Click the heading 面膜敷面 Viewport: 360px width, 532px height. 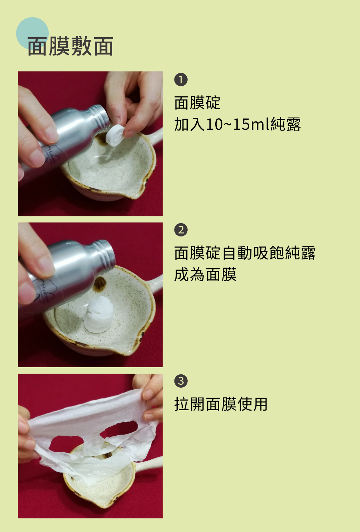[70, 46]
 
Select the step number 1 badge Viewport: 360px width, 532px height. [181, 80]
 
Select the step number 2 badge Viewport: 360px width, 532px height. [181, 230]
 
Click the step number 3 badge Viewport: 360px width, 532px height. [181, 381]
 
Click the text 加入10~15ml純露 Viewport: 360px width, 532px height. [237, 124]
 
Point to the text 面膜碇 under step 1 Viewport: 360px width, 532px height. [197, 103]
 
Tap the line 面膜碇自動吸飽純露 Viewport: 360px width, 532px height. [245, 253]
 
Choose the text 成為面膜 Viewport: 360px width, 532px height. [205, 274]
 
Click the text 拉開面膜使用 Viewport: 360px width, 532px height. [221, 404]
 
